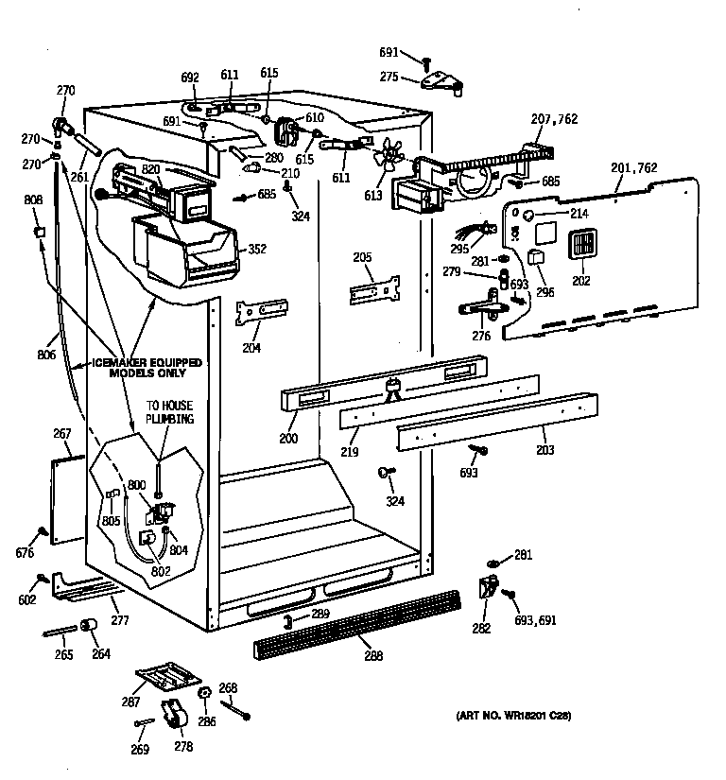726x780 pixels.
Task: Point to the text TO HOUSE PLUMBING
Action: tap(169, 411)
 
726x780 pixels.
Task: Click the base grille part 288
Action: tap(356, 626)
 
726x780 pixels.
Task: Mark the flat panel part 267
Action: tap(64, 502)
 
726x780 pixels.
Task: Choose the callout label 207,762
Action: tap(553, 119)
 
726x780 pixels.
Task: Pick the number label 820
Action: tap(151, 169)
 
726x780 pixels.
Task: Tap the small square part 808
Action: tap(39, 232)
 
